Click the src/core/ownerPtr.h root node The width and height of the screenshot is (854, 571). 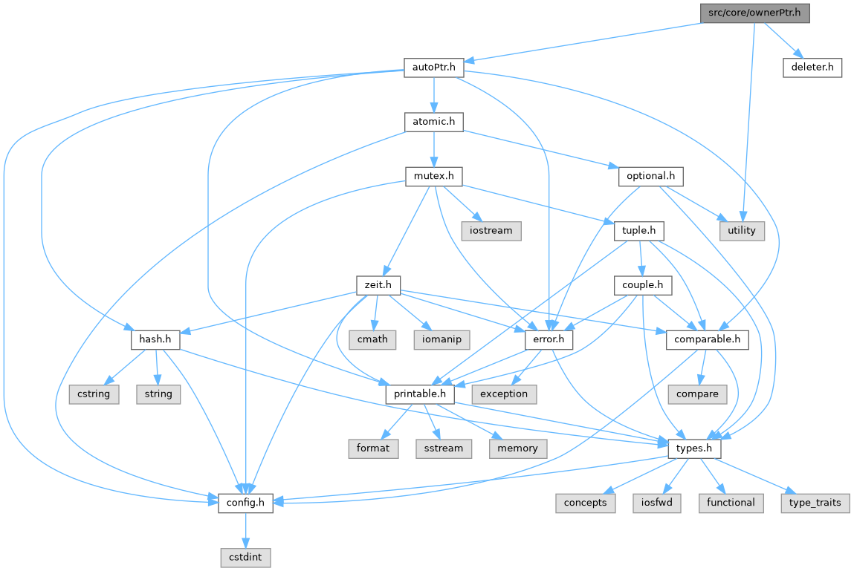[754, 13]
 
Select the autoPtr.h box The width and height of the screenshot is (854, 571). [433, 68]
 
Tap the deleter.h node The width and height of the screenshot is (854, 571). [812, 68]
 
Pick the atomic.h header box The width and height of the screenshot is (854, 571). [433, 122]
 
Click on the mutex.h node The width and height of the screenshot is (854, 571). [433, 177]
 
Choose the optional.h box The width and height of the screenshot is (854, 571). [650, 177]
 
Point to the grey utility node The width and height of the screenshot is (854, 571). [741, 231]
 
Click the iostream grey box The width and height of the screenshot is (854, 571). [491, 231]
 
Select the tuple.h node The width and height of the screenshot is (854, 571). [638, 231]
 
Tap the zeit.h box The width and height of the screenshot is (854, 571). [378, 285]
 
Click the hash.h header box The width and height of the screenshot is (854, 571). [155, 339]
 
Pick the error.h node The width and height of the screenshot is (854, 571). [549, 339]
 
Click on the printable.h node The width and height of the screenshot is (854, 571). [420, 394]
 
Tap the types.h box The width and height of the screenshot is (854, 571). [694, 448]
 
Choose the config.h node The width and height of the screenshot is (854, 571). [245, 503]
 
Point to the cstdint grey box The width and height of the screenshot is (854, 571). [245, 557]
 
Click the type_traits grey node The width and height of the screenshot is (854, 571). [814, 503]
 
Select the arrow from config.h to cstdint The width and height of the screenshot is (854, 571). [245, 530]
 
